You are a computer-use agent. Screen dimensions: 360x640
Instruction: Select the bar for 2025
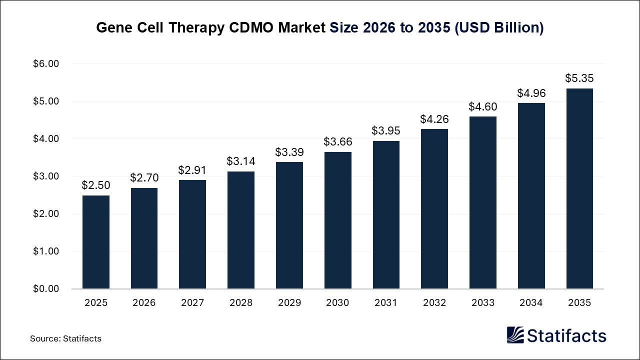tap(95, 242)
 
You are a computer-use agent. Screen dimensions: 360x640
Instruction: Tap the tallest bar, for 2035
tap(579, 188)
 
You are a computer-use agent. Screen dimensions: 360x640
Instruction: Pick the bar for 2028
tap(240, 230)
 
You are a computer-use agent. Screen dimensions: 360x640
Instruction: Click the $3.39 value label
tap(289, 152)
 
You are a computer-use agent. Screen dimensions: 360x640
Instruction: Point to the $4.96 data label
tap(531, 93)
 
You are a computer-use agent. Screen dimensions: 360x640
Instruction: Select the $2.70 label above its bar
tap(144, 177)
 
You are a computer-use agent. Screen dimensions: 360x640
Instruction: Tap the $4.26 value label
tap(434, 119)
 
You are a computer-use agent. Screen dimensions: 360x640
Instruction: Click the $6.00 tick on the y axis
tap(46, 64)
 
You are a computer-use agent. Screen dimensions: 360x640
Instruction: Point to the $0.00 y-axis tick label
tap(46, 289)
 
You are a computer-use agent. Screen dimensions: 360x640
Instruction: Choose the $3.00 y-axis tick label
tap(46, 176)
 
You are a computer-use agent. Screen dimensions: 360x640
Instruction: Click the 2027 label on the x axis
tap(192, 303)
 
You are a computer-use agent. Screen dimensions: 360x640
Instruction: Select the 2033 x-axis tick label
tap(483, 303)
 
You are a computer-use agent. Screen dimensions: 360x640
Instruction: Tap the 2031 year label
tap(386, 303)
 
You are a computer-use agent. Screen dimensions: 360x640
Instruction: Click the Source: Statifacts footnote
tap(65, 338)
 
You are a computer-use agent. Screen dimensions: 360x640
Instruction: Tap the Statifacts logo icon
tap(515, 335)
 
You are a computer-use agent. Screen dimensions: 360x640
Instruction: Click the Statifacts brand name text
tap(567, 335)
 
